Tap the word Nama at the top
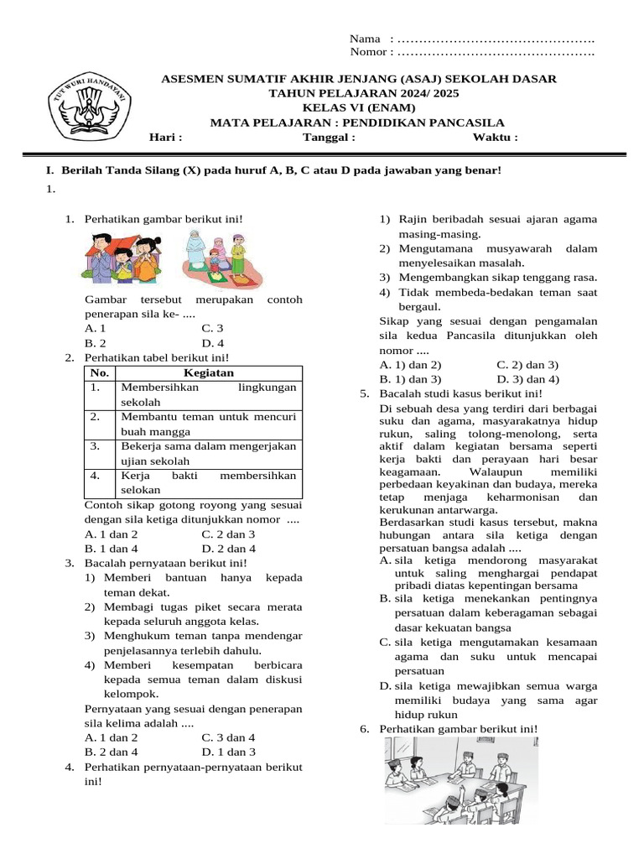tap(364, 39)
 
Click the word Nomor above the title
tap(369, 52)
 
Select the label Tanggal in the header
tap(329, 138)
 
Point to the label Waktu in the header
tap(495, 138)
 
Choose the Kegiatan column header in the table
tap(208, 373)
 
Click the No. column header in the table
tap(100, 373)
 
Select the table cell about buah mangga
tap(208, 424)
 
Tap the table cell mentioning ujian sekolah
tap(208, 454)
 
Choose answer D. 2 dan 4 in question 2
tap(228, 549)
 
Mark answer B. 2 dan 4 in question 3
tap(112, 752)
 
